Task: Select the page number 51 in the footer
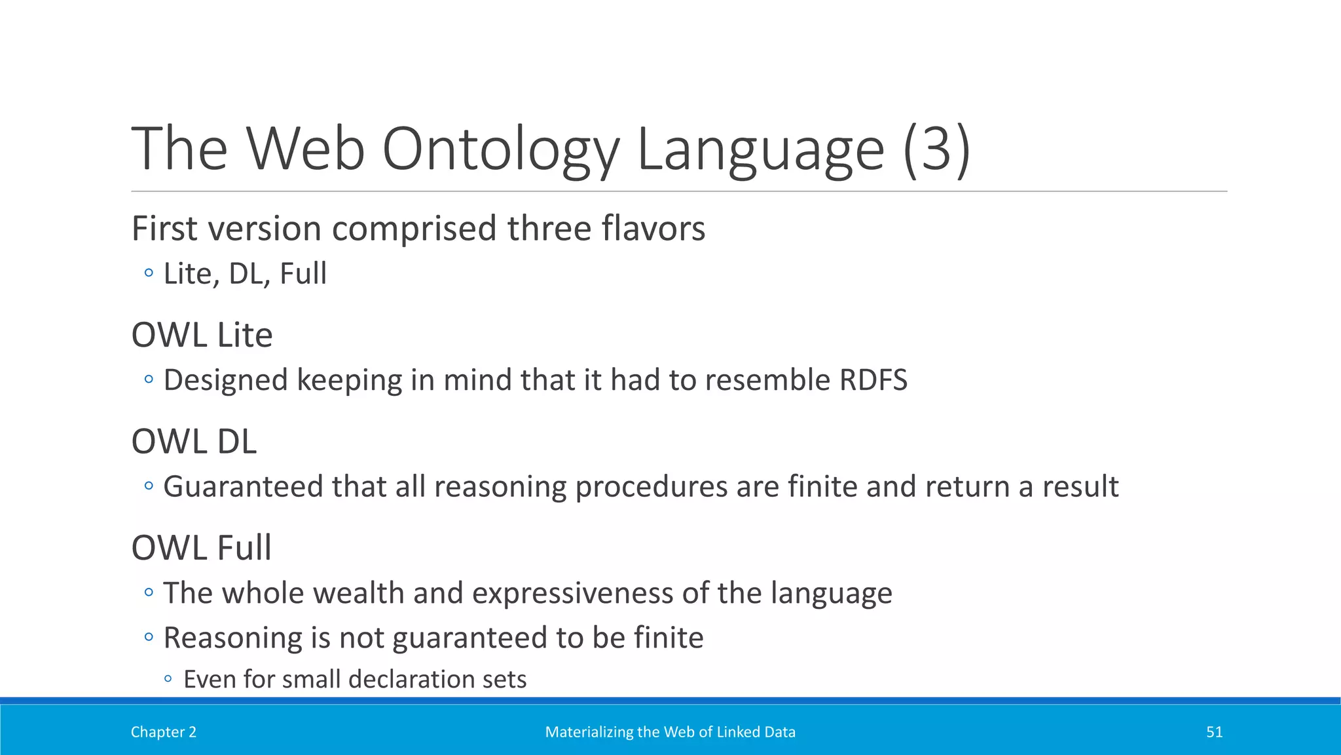click(1214, 732)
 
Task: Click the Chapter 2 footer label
click(163, 732)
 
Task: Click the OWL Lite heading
click(202, 335)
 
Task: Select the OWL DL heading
click(194, 441)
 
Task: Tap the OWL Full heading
click(201, 548)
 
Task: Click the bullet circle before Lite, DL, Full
click(149, 273)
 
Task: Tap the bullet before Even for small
click(168, 679)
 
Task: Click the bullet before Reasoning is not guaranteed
click(149, 636)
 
